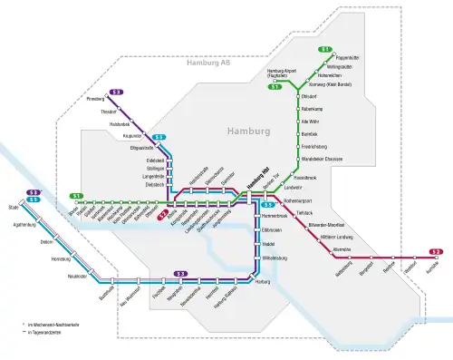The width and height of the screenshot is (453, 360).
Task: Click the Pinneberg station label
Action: point(95,98)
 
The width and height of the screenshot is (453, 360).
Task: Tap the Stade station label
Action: point(14,207)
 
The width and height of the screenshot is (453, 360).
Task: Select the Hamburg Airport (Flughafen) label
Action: point(284,73)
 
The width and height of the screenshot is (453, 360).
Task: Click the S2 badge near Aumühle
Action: point(436,251)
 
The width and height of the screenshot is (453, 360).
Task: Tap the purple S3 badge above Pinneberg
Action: point(116,92)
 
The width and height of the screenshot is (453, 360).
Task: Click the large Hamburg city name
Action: point(248,131)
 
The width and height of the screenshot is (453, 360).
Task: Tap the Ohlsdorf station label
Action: point(308,95)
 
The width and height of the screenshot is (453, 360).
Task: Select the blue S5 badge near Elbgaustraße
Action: point(159,138)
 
